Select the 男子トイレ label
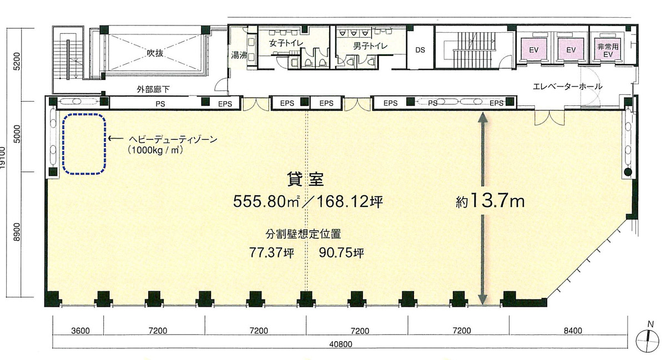click(370, 46)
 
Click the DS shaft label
click(420, 49)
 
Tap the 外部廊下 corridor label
click(153, 89)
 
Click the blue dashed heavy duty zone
click(84, 144)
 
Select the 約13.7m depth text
click(490, 201)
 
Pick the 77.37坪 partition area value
click(271, 253)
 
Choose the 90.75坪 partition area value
click(341, 253)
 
